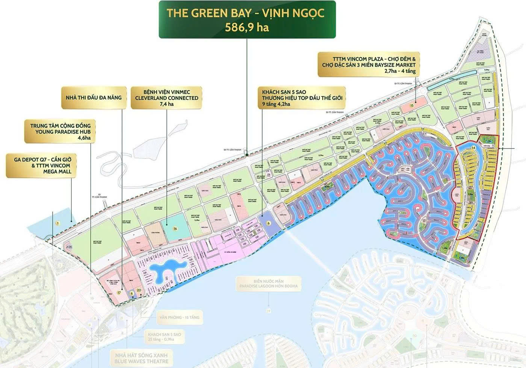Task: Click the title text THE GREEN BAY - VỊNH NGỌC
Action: point(246,14)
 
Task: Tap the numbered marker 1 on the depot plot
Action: point(57,223)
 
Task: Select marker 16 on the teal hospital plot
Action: point(175,228)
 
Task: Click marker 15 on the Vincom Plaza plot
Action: point(412,106)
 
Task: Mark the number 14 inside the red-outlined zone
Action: point(473,148)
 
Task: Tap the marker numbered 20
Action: point(139,290)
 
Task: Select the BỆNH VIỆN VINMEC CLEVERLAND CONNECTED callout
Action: point(166,98)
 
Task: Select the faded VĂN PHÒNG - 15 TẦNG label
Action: point(178,317)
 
